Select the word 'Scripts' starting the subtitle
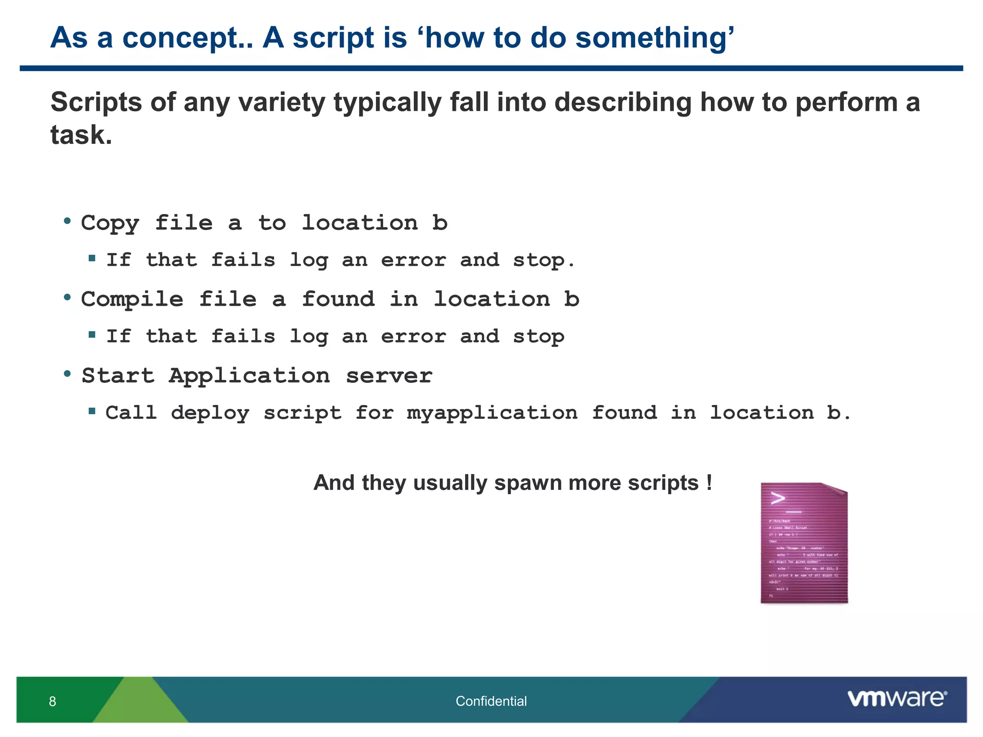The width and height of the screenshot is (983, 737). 96,103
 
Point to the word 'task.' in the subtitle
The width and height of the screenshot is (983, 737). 81,135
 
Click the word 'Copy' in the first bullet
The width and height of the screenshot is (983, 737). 110,223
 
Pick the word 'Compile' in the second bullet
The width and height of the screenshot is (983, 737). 132,300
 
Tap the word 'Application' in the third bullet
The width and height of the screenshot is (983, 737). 249,376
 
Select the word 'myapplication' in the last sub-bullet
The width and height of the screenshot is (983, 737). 492,413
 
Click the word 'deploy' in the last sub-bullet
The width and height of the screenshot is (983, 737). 210,413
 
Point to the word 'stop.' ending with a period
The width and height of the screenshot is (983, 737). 543,261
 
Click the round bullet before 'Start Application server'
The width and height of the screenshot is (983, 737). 68,374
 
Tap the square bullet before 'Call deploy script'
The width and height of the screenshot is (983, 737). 92,411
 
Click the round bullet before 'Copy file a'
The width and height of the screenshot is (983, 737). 68,221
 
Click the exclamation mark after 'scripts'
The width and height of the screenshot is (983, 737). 709,482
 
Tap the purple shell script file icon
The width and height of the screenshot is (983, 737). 804,543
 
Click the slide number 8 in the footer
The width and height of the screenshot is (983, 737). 52,701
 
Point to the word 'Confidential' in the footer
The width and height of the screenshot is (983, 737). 491,701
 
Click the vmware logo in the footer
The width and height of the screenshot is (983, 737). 897,699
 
